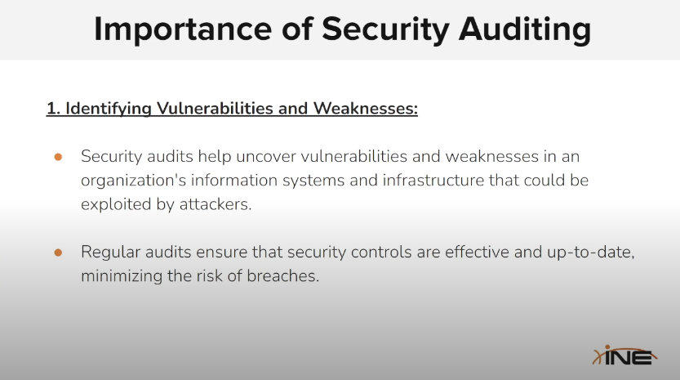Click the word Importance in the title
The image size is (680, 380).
[x=183, y=29]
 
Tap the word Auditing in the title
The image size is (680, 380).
[x=525, y=30]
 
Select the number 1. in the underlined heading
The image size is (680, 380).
[x=53, y=108]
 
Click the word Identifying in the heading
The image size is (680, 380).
[x=109, y=109]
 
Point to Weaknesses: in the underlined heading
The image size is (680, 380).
[x=366, y=108]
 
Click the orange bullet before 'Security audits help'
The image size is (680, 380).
[x=58, y=157]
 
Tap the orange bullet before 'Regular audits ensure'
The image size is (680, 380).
[x=58, y=253]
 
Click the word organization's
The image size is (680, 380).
[x=134, y=181]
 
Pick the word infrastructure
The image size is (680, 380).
[x=433, y=181]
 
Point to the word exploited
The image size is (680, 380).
[x=116, y=204]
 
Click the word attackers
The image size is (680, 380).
[x=216, y=204]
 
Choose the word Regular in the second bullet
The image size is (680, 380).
[x=110, y=253]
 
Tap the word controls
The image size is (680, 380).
[x=381, y=252]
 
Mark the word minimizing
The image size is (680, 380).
[x=122, y=276]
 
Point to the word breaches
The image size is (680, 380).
[x=282, y=275]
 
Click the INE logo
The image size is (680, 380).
[x=624, y=355]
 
